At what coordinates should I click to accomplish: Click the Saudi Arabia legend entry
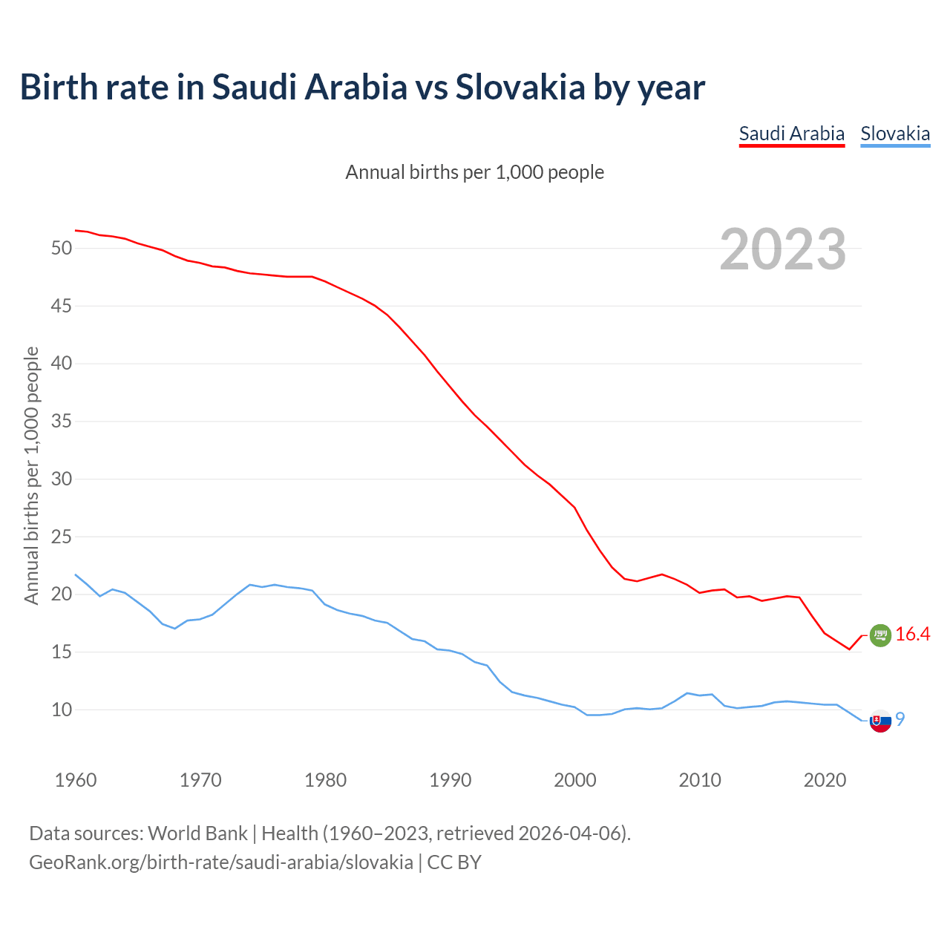point(791,134)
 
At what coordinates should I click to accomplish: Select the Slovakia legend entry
point(895,134)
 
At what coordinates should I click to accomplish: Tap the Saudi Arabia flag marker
point(879,635)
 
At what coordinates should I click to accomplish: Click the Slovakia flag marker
point(879,721)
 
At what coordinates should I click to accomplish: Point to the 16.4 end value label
point(912,635)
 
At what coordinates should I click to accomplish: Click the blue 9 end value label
point(900,719)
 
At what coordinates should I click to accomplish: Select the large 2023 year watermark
point(783,249)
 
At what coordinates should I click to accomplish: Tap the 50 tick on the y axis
point(62,249)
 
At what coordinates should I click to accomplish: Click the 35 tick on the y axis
point(62,422)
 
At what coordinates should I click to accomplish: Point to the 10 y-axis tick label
point(62,710)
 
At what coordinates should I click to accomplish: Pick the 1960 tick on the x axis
point(76,780)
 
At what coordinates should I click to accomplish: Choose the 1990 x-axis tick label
point(451,780)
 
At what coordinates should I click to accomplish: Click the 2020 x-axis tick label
point(825,780)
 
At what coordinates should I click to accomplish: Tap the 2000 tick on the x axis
point(575,780)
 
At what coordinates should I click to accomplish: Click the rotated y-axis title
point(32,475)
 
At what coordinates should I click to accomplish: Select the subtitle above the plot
point(475,173)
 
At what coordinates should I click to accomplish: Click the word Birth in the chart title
point(59,88)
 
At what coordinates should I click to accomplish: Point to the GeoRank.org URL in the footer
point(221,862)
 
